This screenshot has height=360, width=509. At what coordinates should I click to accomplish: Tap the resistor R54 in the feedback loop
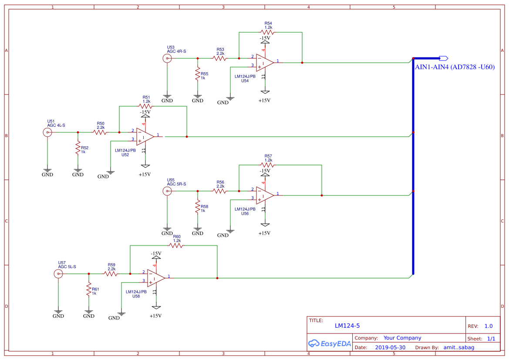coord(267,32)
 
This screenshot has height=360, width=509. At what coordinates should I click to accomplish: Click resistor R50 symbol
coord(100,132)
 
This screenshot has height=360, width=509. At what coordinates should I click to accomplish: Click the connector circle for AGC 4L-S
coord(47,132)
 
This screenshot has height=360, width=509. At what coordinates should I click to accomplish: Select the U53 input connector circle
coord(167,58)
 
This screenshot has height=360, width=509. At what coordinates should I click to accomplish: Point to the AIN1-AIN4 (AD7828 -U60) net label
coord(455,67)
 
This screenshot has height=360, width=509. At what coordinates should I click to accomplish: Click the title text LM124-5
coord(347,326)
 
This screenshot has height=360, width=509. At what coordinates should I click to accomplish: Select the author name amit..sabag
coord(458,347)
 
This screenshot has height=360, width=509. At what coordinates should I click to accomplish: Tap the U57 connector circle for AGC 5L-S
coord(58,274)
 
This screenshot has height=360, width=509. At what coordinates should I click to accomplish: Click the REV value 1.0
coord(489,326)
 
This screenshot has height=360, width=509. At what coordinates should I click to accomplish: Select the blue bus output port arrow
coord(444,58)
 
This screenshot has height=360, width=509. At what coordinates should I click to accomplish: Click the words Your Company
coord(402,338)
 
